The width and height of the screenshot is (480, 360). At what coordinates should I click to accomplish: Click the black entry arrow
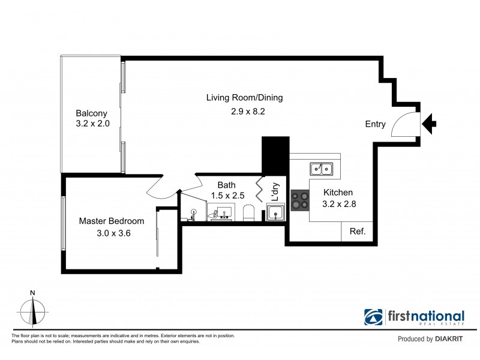coord(429,124)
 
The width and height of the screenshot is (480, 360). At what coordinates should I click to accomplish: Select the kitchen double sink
coord(321,169)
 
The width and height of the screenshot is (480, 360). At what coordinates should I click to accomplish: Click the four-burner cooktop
coord(299,200)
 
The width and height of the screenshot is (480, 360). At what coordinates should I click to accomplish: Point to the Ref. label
coord(358,231)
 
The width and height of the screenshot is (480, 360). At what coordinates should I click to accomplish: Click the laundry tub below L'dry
coord(276,212)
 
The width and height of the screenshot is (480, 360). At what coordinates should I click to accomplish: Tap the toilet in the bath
coord(249,213)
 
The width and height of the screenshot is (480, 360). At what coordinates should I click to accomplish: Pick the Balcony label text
coord(92,113)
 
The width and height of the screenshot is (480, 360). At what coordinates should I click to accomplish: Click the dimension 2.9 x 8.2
coord(248,112)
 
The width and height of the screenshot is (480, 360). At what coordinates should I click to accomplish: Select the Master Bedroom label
coord(112,221)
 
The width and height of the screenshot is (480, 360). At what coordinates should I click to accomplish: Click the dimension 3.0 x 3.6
coord(113,233)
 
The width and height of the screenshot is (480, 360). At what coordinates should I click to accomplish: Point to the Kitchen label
coord(338,193)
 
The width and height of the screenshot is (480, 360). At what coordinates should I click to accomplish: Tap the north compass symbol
coord(32,309)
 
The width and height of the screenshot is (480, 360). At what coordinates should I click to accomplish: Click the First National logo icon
coord(373,317)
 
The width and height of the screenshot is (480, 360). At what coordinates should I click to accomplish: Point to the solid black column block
coord(275,156)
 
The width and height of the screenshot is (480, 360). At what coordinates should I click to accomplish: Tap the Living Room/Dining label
coord(245,98)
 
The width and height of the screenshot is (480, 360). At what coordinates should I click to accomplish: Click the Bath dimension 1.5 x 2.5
coord(228,196)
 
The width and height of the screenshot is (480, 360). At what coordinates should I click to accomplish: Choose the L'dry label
coord(275,192)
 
